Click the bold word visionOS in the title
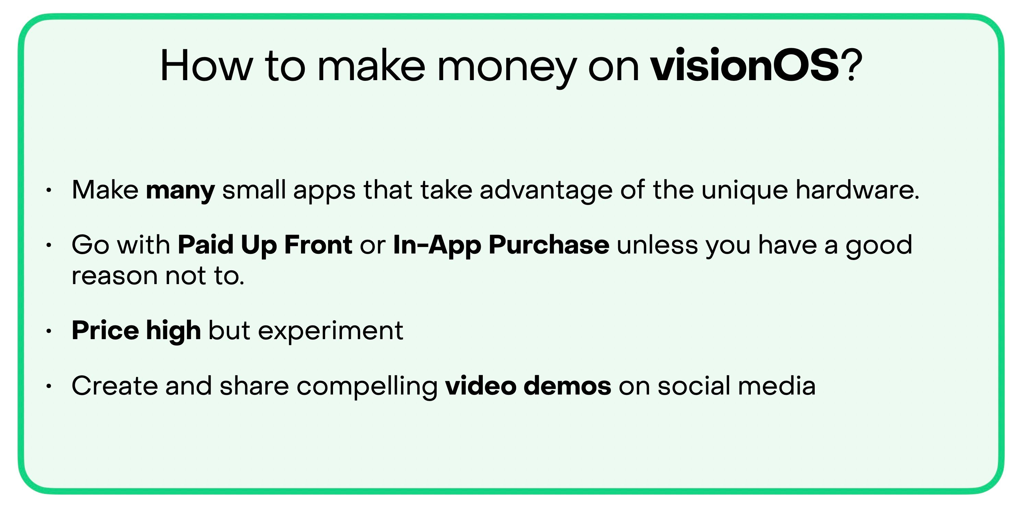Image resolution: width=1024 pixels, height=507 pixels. coord(744,65)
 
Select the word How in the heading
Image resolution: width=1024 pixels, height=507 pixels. coord(206,66)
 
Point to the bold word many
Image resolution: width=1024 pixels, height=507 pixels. coord(180,192)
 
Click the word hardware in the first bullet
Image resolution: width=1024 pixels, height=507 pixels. coord(857,190)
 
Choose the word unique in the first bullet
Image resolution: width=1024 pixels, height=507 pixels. coord(745,192)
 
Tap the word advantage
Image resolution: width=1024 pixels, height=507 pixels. coord(546,192)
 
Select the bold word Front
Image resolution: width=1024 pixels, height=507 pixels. coord(318,244)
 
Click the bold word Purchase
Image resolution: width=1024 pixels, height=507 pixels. coord(549,244)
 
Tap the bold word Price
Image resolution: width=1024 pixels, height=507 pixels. coord(105,330)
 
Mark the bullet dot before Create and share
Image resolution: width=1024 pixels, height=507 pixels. coord(48,386)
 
